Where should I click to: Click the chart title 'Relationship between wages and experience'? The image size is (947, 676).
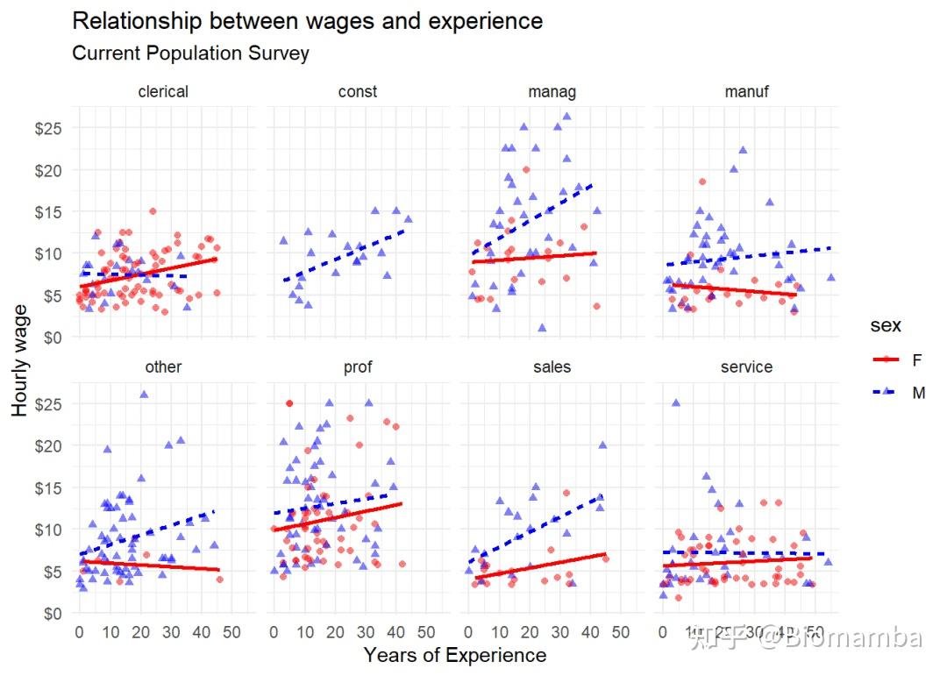tap(307, 21)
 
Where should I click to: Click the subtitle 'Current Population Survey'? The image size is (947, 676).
tap(190, 53)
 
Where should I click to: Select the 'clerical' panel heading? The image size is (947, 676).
tap(163, 92)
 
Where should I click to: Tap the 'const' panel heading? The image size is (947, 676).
tap(358, 92)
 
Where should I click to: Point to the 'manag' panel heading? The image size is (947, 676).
tap(552, 92)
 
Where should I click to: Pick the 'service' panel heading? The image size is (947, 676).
tap(746, 367)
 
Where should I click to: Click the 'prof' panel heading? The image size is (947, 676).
tap(358, 367)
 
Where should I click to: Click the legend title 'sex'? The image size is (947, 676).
tap(885, 326)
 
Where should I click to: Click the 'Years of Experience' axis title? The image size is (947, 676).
tap(454, 656)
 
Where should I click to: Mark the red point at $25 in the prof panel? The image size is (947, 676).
tap(289, 403)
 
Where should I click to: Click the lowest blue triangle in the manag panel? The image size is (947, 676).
tap(542, 328)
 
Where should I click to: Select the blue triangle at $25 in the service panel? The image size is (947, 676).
tap(676, 403)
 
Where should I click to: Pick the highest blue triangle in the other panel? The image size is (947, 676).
tap(144, 395)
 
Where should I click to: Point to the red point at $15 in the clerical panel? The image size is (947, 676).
tap(153, 211)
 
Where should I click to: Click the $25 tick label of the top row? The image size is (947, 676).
tap(48, 128)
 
